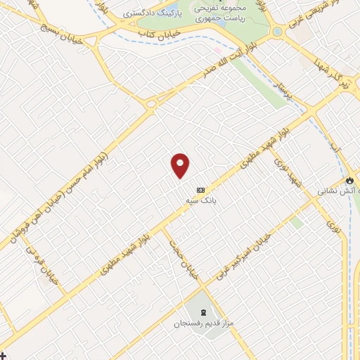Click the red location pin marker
pos(181,165)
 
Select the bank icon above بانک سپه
pos(201,190)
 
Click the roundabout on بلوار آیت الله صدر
pos(150,104)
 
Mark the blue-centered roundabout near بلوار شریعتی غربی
pos(276,32)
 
